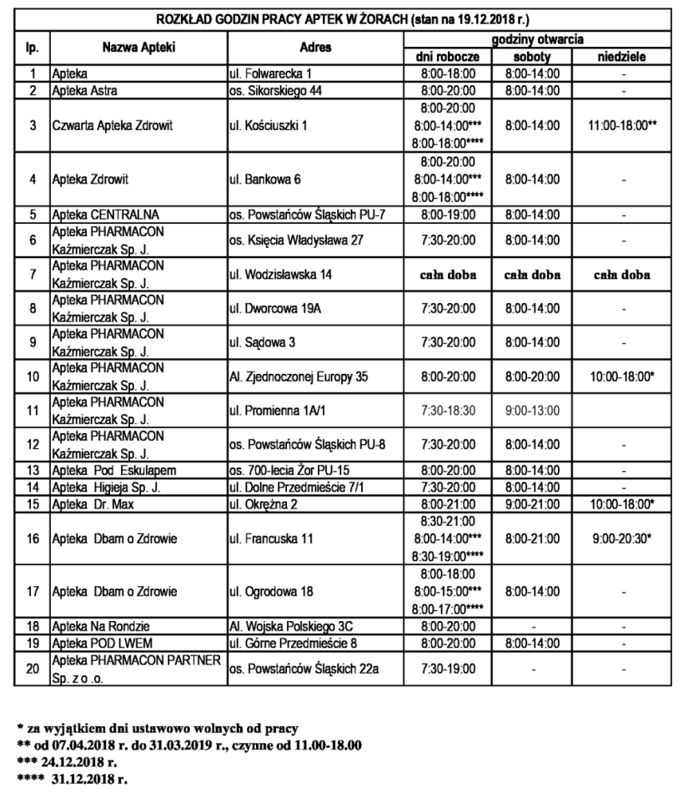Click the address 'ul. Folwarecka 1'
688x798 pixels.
(265, 73)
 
